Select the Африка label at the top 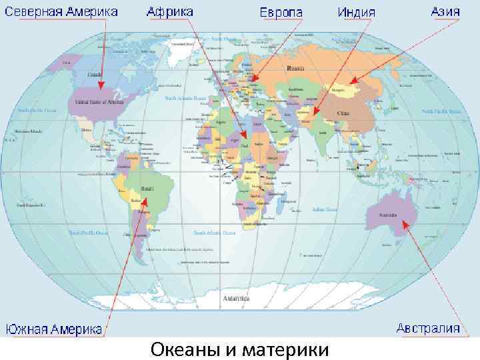[170, 11]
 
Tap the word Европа [281, 13]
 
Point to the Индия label [357, 13]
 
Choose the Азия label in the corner [444, 12]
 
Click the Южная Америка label [55, 329]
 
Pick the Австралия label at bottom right [428, 328]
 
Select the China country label [343, 113]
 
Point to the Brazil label [147, 189]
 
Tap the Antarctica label [237, 298]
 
